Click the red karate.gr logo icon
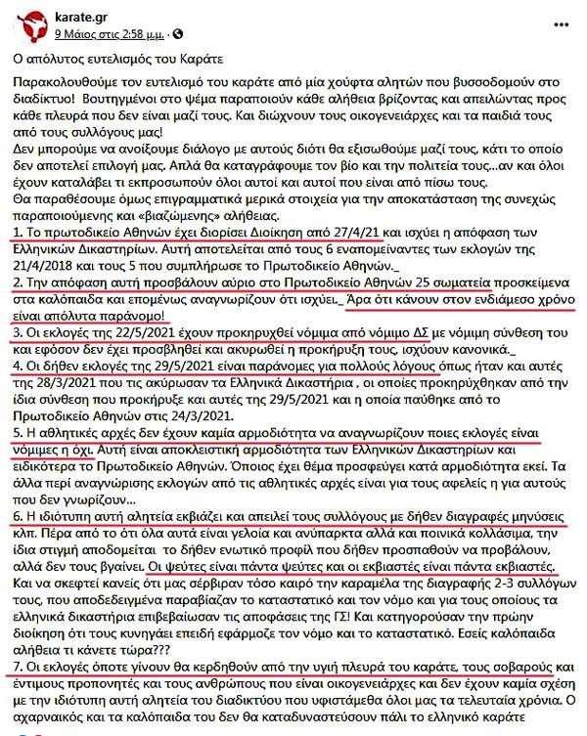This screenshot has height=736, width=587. (24, 20)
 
